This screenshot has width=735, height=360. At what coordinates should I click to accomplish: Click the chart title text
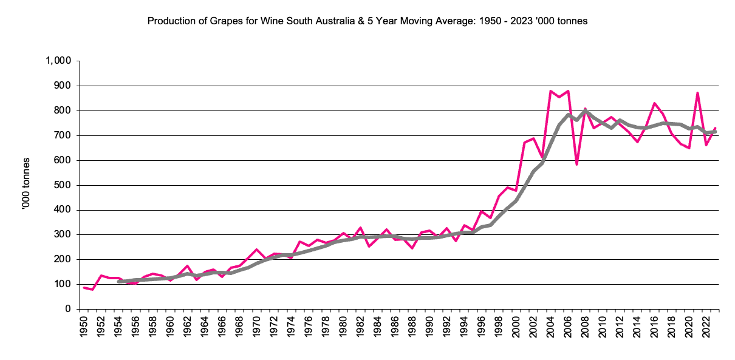tap(367, 21)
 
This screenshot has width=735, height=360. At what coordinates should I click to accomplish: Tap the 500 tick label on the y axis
tap(63, 185)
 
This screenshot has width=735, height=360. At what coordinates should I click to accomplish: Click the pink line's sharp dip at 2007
tap(576, 164)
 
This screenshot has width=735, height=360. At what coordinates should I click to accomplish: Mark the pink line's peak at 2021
tap(697, 93)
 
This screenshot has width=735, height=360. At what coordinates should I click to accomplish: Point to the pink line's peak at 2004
tap(550, 91)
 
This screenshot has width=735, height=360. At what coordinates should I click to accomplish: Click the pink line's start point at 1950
tap(84, 288)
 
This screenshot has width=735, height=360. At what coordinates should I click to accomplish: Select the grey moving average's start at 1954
tap(118, 282)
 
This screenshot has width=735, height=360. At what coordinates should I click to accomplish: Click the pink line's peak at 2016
tap(654, 103)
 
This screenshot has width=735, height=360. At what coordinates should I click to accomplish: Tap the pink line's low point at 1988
tap(412, 248)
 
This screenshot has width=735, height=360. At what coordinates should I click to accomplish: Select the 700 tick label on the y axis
tap(63, 135)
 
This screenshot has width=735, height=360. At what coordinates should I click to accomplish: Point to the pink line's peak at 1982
tap(360, 228)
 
